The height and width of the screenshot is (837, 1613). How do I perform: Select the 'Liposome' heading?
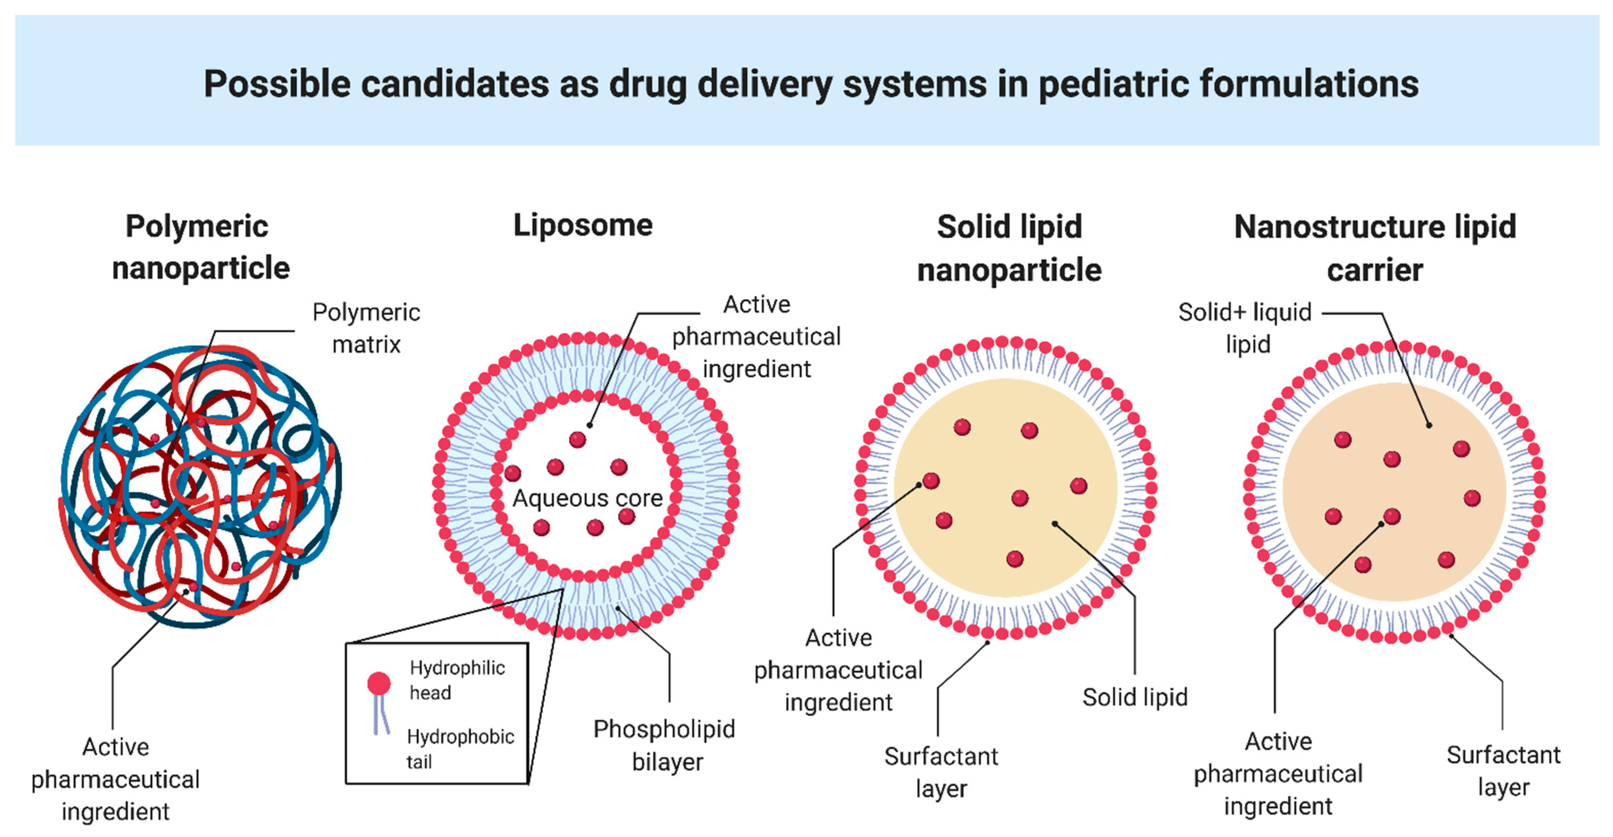tap(583, 225)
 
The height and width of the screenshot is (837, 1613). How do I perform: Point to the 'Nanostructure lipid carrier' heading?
tap(1374, 248)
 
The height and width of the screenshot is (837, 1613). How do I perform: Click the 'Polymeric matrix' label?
tap(366, 328)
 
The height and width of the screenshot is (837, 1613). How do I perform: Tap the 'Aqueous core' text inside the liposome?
tap(587, 498)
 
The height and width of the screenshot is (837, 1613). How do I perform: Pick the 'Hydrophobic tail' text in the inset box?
tap(460, 749)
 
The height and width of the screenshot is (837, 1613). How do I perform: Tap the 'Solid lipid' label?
tap(1134, 697)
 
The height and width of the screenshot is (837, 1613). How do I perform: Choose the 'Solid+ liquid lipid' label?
tap(1245, 328)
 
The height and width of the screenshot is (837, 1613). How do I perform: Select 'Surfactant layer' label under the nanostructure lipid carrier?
tap(1503, 771)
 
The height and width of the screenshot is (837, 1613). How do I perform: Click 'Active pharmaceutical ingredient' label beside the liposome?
tap(757, 337)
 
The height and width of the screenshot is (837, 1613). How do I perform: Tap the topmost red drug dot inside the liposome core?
tap(577, 440)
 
